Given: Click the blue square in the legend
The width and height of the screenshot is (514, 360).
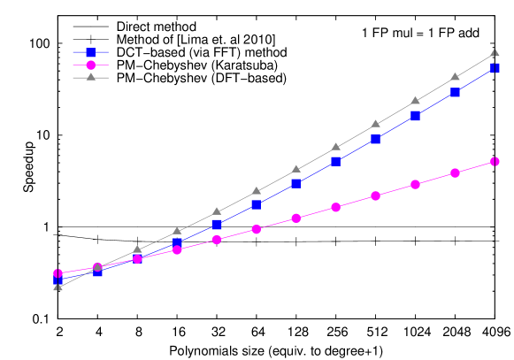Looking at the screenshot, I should [90, 53].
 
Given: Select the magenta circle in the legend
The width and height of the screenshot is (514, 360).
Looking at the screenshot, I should [90, 65].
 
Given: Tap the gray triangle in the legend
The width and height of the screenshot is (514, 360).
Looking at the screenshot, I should [90, 77].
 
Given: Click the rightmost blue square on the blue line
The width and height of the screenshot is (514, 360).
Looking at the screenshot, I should [495, 68].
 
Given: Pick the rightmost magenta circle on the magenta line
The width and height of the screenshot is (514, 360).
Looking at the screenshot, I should [495, 161].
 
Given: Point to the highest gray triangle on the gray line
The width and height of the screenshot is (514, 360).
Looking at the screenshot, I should [495, 53].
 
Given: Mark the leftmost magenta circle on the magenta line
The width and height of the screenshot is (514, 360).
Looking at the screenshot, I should [58, 273].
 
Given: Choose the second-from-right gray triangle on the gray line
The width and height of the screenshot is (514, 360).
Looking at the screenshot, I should [456, 77].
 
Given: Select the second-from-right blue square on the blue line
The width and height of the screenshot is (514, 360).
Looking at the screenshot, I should [456, 92].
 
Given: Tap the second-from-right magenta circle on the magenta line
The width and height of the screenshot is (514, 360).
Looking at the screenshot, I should [456, 172].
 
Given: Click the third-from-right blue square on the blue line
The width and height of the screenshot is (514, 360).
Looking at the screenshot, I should [416, 116].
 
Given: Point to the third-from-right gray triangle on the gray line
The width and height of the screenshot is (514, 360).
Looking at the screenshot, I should [416, 101].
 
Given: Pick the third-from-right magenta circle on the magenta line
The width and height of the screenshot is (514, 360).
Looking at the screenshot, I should [416, 184].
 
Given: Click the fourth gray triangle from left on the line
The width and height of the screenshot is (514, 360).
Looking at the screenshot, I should [177, 231].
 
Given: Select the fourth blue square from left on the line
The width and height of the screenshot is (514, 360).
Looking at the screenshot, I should [177, 242].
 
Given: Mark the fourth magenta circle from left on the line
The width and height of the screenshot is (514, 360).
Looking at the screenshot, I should [177, 249].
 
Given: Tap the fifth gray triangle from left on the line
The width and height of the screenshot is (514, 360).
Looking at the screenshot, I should [217, 211].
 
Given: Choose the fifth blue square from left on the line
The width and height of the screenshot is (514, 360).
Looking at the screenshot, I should [217, 224].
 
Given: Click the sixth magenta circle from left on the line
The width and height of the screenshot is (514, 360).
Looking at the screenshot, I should [257, 229].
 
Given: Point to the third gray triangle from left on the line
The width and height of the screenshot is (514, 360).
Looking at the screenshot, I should [137, 250].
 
